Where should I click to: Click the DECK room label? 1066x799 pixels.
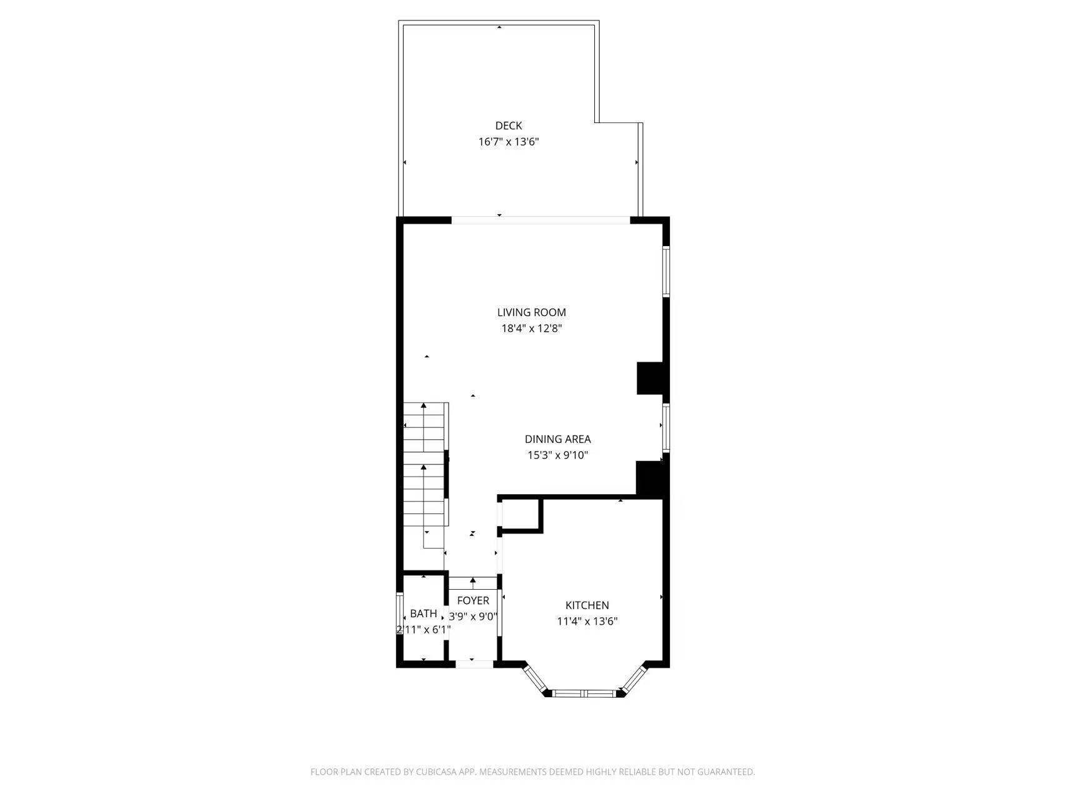point(508,126)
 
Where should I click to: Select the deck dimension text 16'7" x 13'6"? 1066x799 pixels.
point(508,142)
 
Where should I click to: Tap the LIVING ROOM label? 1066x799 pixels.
point(531,312)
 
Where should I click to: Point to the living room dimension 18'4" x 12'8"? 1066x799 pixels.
point(531,329)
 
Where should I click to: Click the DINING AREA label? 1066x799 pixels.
point(557,439)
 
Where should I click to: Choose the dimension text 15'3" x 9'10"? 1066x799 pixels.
point(557,455)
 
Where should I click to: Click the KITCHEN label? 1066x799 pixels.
point(587,605)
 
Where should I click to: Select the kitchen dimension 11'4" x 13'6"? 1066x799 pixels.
point(587,622)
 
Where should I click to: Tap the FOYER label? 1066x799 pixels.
point(473,600)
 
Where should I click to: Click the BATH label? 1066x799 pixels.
point(423,614)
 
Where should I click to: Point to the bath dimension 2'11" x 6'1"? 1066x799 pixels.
point(423,630)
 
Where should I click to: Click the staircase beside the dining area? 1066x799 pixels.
point(425,475)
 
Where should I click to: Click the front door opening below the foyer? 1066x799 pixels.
point(474,664)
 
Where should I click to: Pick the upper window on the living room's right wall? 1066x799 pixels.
point(666,270)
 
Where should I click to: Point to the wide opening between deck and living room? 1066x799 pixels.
point(540,220)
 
